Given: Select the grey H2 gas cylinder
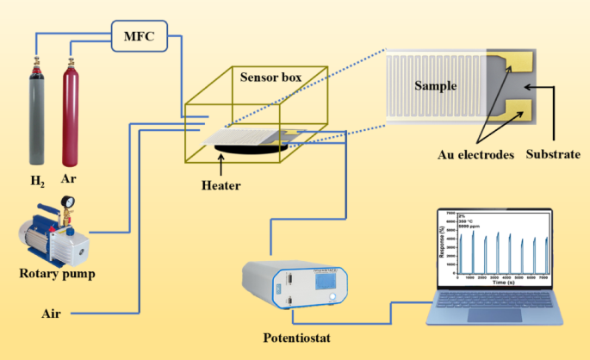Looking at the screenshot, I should click(37, 112).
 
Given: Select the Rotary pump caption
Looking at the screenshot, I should click(56, 275).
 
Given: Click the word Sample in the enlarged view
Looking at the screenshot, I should click(435, 86).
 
